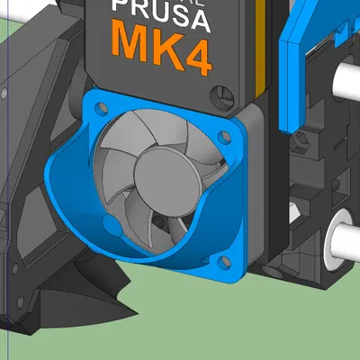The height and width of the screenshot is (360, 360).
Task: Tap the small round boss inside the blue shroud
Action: (111, 220)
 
